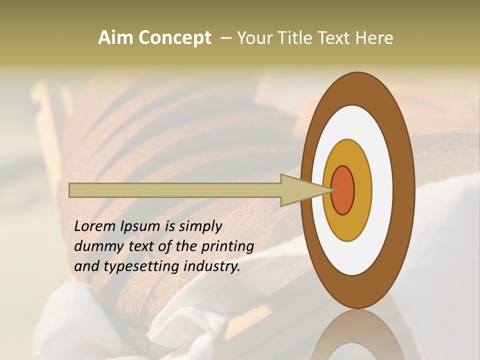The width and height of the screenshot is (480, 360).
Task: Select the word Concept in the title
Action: click(174, 38)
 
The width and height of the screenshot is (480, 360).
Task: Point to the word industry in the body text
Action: click(212, 266)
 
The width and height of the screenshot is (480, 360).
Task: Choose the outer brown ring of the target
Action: click(404, 190)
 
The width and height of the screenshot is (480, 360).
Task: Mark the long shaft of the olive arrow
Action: click(175, 190)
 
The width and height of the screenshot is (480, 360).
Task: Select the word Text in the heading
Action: click(336, 38)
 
